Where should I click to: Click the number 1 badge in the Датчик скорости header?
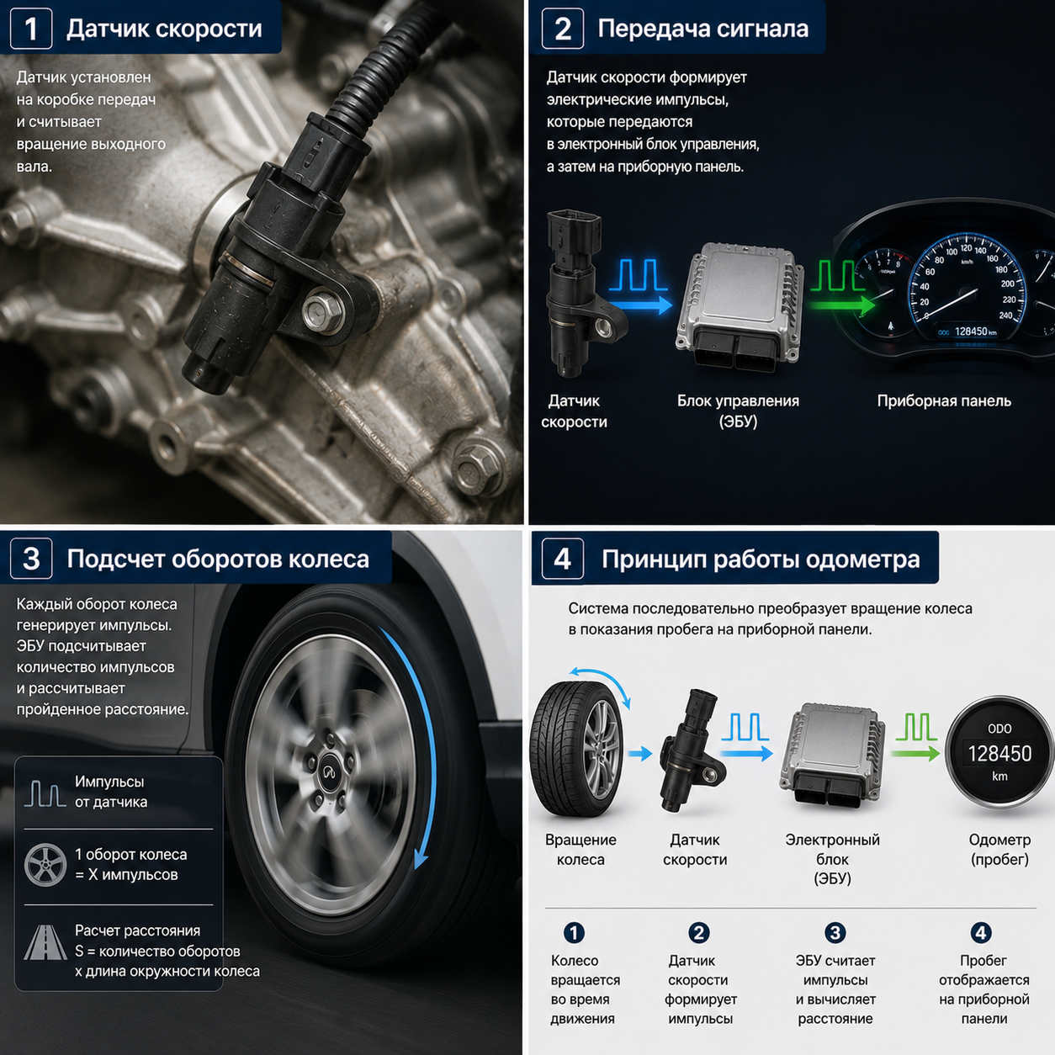(31, 29)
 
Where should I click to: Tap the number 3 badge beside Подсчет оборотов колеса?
(31, 559)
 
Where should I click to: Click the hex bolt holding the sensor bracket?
(322, 311)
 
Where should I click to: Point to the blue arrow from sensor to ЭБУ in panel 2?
(641, 305)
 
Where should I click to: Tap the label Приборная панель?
(944, 400)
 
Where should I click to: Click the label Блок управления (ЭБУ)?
(738, 411)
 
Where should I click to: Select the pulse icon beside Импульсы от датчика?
(45, 793)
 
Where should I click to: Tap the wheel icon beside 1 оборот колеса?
(45, 865)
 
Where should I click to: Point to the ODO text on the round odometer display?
(999, 729)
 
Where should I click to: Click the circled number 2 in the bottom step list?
(698, 932)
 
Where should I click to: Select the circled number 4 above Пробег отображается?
(980, 932)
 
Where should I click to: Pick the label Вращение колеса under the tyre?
(581, 849)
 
